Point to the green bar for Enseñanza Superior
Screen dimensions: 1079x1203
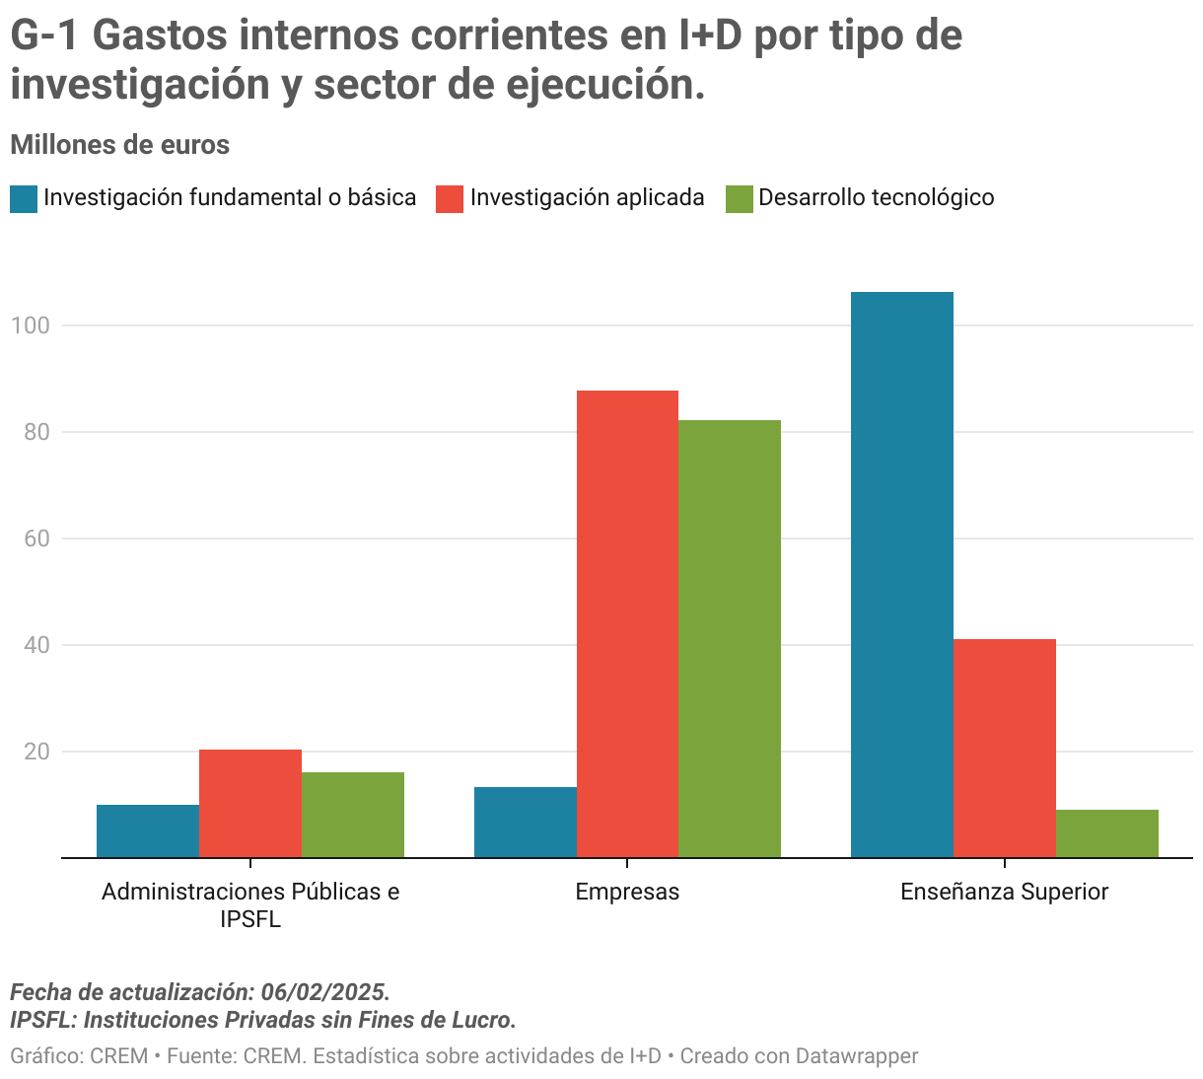click(1106, 833)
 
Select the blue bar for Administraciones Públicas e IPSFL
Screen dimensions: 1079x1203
click(148, 830)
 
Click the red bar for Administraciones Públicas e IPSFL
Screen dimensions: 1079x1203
click(250, 803)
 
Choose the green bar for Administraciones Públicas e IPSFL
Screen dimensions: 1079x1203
click(353, 815)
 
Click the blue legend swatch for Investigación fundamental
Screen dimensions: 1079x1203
click(24, 198)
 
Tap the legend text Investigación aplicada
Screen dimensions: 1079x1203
click(587, 198)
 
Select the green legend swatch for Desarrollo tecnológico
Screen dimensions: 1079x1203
click(740, 198)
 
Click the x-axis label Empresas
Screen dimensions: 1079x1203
click(627, 893)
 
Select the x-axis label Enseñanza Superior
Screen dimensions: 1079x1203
click(1004, 893)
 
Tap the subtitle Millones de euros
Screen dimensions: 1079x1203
click(119, 145)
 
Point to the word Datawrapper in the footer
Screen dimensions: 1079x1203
click(856, 1056)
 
